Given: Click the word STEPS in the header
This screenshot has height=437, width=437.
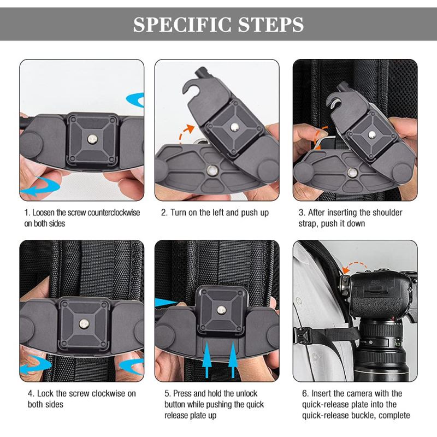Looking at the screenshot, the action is coord(271,25).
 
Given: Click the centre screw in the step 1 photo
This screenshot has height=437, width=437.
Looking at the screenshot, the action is coord(91,139).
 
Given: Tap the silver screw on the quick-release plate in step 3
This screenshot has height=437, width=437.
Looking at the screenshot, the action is coord(372,135).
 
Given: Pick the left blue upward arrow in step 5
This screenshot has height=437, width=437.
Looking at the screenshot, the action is coord(207,359).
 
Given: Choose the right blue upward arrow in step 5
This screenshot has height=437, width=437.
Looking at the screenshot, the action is coord(233,359).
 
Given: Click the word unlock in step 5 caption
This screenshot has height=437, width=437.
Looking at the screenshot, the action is coord(246,393).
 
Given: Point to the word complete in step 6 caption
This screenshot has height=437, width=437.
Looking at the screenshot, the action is coord(394,416).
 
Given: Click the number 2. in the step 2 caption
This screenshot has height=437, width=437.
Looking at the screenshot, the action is coord(164,212).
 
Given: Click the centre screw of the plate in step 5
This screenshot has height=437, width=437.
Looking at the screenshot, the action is coord(222,309).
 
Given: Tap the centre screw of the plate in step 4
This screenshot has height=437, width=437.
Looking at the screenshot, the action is coord(84,323).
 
